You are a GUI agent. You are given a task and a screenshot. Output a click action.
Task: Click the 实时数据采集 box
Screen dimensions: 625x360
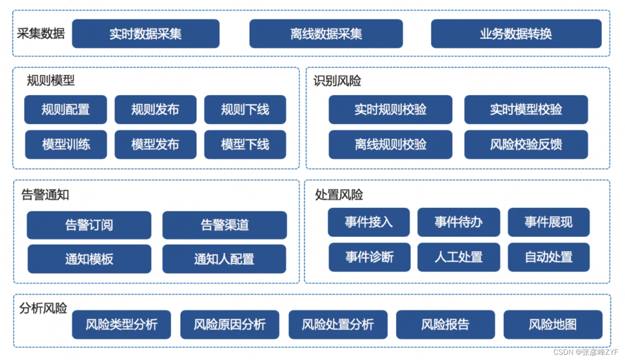[146, 34]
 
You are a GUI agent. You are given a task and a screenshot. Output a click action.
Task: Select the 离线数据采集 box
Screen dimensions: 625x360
[326, 34]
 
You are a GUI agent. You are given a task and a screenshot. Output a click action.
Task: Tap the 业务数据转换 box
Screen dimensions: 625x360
[516, 34]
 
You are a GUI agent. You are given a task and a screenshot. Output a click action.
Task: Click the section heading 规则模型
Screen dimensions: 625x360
[51, 81]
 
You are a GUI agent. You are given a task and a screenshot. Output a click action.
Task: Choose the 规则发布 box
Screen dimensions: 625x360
[155, 110]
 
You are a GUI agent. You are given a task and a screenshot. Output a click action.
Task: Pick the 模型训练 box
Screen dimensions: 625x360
[66, 145]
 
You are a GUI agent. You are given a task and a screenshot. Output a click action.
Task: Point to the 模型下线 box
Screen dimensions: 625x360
[245, 145]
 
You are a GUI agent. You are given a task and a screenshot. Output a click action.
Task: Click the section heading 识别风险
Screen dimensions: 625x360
[337, 81]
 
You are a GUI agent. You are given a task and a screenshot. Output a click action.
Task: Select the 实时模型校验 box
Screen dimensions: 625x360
[526, 110]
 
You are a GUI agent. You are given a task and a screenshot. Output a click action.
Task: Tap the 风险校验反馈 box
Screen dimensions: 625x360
[526, 145]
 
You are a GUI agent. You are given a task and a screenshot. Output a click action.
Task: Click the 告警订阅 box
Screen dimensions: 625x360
[89, 225]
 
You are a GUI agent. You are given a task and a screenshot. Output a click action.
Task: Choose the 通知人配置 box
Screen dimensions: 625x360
[224, 259]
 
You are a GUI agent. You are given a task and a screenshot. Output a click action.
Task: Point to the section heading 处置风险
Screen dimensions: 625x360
[339, 195]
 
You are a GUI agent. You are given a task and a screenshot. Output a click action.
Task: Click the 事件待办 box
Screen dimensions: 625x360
[458, 222]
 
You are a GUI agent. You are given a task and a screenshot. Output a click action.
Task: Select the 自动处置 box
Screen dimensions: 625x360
[549, 257]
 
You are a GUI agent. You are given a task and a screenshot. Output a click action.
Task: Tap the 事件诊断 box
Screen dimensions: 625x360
[369, 257]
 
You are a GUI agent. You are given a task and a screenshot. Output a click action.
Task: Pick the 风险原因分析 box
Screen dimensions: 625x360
[230, 325]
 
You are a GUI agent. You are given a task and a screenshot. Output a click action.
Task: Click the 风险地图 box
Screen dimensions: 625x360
[553, 325]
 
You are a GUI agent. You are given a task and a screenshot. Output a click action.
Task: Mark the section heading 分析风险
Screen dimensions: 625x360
[43, 309]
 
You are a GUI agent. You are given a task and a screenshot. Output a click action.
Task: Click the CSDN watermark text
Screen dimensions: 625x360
[586, 352]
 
